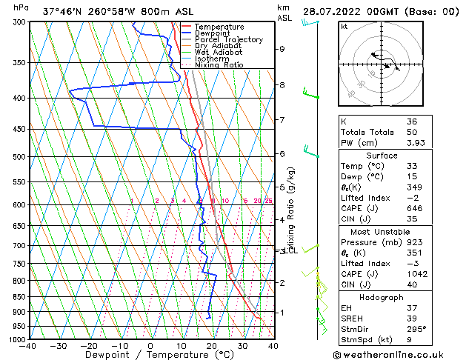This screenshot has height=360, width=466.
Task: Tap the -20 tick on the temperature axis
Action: click(x=89, y=345)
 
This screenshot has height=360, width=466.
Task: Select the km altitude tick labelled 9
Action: click(x=282, y=49)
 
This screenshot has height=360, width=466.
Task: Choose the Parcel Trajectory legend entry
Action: click(x=228, y=40)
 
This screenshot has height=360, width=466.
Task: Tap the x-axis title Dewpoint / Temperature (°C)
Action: click(x=150, y=355)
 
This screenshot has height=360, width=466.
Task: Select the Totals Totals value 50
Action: click(x=413, y=131)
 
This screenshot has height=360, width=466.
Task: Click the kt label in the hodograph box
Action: click(x=344, y=26)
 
